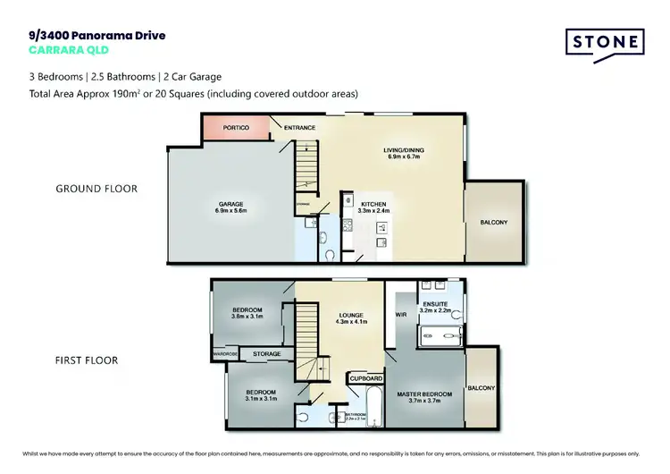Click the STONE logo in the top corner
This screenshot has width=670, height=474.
click(605, 43)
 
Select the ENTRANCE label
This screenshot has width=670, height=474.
click(299, 128)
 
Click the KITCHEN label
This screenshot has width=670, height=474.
click(373, 204)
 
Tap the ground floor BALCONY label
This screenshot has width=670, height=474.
click(493, 222)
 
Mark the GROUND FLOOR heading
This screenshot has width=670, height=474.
click(96, 189)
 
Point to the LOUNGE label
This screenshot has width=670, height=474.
click(350, 314)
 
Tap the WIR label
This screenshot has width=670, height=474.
click(400, 316)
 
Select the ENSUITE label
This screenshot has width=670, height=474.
click(438, 304)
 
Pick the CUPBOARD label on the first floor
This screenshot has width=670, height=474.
click(365, 379)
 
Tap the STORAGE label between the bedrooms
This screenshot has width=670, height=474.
click(266, 354)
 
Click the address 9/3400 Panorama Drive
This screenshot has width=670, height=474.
click(96, 35)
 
